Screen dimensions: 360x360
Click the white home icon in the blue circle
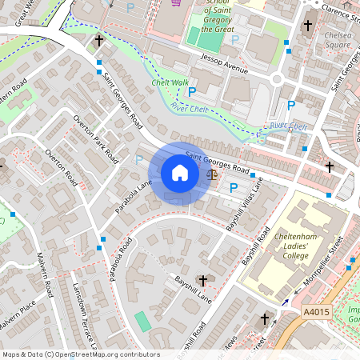pyautogui.click(x=180, y=173)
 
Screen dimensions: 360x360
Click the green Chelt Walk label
pyautogui.click(x=169, y=82)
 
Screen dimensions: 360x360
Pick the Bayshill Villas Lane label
pyautogui.click(x=245, y=205)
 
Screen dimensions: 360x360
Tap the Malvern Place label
pyautogui.click(x=18, y=312)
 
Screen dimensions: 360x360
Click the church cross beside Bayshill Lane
pyautogui.click(x=202, y=281)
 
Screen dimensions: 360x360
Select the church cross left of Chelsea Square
pyautogui.click(x=308, y=26)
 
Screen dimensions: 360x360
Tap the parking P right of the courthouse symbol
pyautogui.click(x=234, y=188)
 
